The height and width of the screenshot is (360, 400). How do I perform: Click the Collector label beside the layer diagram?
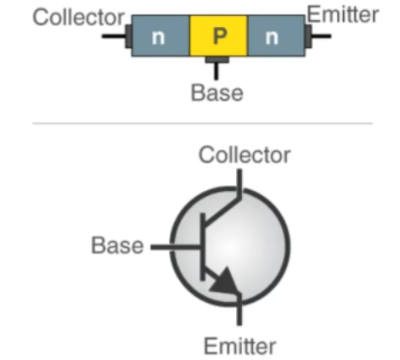point(78,18)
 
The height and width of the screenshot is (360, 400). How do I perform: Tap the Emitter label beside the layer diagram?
point(343,14)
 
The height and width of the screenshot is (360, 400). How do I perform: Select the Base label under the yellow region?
point(217,93)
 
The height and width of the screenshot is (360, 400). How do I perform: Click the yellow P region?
point(218,35)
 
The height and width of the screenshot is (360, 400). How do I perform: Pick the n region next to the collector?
point(161,35)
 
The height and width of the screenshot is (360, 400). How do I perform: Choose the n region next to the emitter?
point(276,35)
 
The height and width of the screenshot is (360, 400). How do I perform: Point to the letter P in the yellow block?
point(220,36)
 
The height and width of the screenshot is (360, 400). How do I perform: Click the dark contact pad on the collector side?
point(129,36)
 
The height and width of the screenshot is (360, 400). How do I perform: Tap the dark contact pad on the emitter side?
point(308,36)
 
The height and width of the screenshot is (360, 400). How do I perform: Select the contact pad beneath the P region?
point(217,60)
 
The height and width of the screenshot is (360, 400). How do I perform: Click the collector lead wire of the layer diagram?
point(113,36)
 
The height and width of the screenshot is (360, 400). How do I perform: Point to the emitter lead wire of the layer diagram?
point(322,36)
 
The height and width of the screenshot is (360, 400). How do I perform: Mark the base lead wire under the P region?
point(216,71)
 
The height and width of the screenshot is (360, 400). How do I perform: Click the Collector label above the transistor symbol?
point(245,155)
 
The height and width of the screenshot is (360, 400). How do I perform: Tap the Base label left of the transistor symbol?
point(118,246)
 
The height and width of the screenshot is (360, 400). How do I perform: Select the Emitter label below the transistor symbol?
point(240,347)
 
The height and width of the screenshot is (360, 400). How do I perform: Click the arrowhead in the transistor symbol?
point(224,282)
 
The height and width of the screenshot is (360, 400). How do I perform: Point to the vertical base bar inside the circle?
point(203,246)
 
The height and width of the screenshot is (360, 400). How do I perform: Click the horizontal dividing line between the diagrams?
point(203,123)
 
